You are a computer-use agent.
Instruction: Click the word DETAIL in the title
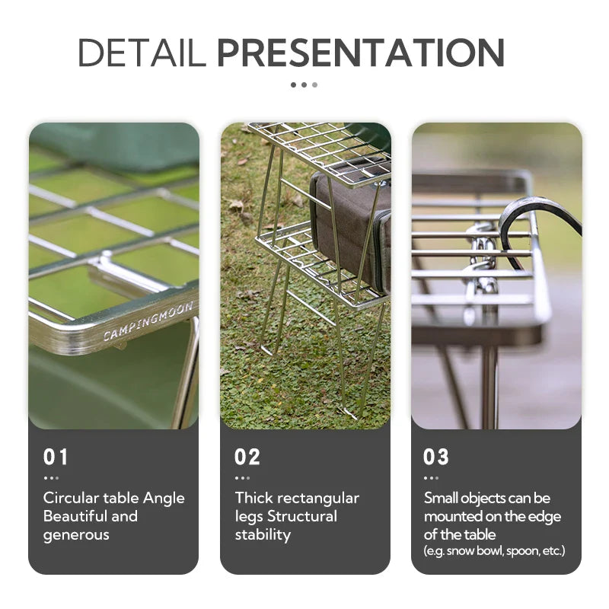pos(142,53)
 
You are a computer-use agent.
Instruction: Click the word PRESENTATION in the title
pos(360,53)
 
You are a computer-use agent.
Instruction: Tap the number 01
pos(56,458)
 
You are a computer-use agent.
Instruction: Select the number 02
pos(247,458)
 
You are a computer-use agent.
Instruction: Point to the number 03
pos(436,458)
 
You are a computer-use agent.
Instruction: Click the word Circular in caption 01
pos(69,499)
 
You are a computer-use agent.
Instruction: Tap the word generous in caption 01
pos(76,535)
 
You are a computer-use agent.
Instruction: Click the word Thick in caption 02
pos(253,499)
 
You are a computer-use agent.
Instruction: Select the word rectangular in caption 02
pos(318,499)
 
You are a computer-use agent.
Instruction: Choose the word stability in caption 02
pos(263,535)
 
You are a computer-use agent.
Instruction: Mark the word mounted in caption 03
pos(454,517)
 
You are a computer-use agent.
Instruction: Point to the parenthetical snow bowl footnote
pos(494,551)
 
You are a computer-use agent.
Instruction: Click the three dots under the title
pos(304,84)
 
